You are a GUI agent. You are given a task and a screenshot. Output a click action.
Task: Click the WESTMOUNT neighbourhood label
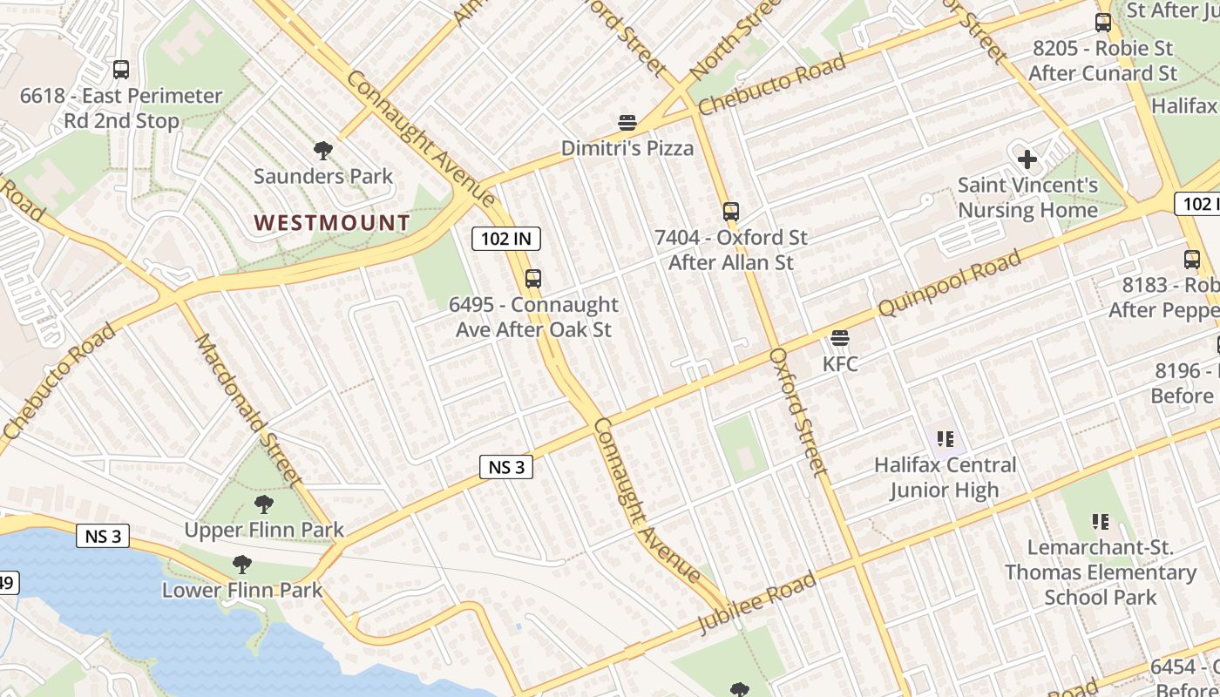[332, 223]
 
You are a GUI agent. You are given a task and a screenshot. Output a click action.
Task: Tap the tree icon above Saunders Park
[323, 151]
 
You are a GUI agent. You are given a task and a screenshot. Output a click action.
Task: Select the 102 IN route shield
[506, 239]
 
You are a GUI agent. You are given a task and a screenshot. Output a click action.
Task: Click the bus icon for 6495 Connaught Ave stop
[533, 279]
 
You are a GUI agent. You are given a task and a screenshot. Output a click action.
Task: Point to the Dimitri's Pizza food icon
[627, 123]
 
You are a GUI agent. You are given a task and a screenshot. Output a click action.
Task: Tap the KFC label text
[840, 363]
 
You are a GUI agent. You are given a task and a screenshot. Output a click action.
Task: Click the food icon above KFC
[840, 338]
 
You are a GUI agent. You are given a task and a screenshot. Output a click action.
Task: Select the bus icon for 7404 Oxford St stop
[731, 211]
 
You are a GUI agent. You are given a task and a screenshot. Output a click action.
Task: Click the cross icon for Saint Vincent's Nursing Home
[1027, 159]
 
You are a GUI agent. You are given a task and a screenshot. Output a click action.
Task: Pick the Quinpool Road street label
[949, 284]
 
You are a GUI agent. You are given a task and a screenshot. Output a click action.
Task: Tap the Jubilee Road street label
[757, 602]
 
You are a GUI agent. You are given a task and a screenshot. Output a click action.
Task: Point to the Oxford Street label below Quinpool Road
[797, 412]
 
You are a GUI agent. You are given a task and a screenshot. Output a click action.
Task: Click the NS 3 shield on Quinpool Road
[506, 467]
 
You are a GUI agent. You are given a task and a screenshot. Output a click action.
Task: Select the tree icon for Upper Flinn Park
[264, 504]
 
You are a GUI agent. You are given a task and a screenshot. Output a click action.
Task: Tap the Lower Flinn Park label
[242, 590]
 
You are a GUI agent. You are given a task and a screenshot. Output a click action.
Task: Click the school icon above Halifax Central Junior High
[945, 439]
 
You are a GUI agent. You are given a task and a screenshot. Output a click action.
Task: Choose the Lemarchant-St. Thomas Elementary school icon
[1101, 522]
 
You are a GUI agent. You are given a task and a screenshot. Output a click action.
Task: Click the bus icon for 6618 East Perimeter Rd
[121, 70]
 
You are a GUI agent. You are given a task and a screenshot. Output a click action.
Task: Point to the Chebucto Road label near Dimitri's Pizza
[772, 85]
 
